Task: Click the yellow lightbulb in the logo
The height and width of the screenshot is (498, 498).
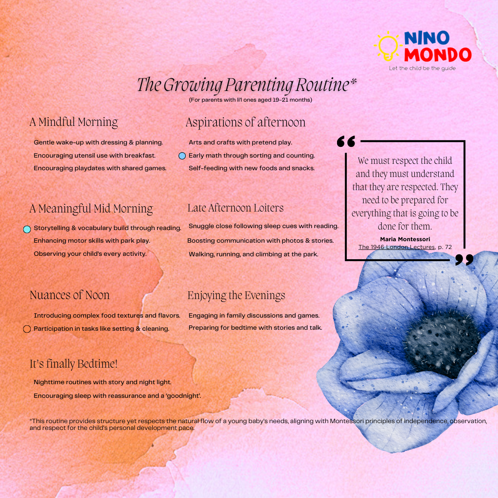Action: point(388,46)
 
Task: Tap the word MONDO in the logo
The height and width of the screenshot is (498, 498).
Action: point(438,54)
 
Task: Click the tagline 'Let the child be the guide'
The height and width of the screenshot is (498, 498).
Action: point(422,68)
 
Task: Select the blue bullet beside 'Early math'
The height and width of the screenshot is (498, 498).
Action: point(182,156)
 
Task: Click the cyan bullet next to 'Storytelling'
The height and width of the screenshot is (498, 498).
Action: point(27,230)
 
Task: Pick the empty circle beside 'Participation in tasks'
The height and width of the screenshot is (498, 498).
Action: point(27,329)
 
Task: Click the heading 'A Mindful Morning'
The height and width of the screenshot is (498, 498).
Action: point(74,122)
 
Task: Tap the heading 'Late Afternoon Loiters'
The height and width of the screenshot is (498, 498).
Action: point(235,208)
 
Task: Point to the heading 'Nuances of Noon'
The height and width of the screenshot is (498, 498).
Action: point(70,295)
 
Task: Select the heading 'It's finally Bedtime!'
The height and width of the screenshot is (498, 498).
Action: point(74,364)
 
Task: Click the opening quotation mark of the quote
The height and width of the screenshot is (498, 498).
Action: point(346,142)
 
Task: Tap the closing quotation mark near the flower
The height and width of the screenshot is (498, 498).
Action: point(464,260)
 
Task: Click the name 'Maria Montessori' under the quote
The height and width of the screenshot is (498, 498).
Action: point(405,239)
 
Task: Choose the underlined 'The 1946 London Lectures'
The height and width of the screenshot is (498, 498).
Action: point(396,247)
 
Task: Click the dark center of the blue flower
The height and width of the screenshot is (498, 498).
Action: point(442,343)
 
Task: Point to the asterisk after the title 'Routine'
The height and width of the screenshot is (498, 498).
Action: point(354,81)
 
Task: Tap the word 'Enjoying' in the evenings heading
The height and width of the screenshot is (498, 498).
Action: point(207,296)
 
